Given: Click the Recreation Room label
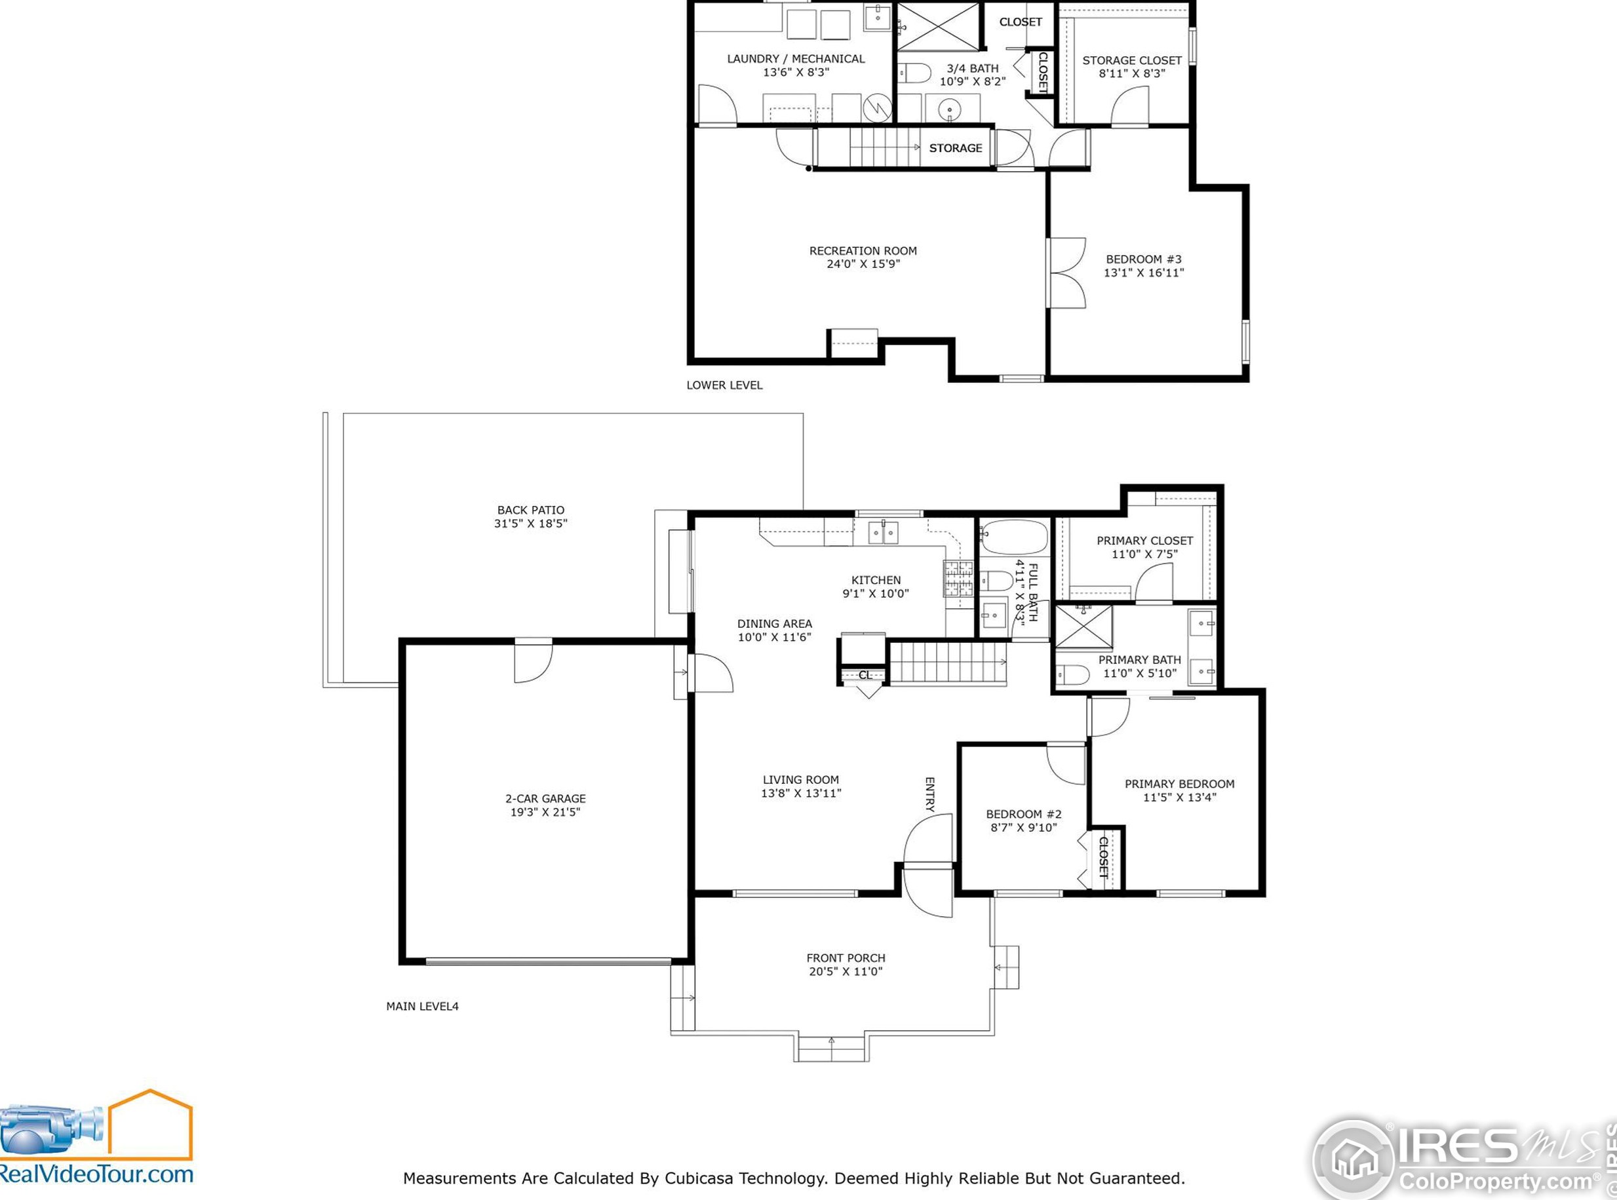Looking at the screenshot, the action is point(863,250).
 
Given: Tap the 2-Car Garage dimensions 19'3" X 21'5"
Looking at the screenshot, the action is point(545,812).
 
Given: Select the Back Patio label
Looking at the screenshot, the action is point(530,510).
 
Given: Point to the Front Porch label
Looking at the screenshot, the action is point(846,958).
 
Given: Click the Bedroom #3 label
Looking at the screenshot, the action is point(1143,260).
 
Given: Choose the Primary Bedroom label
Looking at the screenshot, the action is point(1179,784).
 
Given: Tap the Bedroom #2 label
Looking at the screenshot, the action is point(1024,814).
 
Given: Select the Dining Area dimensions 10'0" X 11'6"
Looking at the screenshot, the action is point(774,637).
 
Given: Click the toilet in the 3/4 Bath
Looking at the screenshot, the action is point(914,73).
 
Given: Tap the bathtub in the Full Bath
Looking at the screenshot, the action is point(1014,537).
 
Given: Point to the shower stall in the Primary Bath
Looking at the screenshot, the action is point(1083,626).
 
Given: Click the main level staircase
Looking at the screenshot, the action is point(948,663).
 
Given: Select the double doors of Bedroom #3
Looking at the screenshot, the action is point(1067,273).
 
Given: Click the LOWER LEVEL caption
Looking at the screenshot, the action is point(724,385).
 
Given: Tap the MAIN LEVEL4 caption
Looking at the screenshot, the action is point(422,1006).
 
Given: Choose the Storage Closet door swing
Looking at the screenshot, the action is point(1130,106).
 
